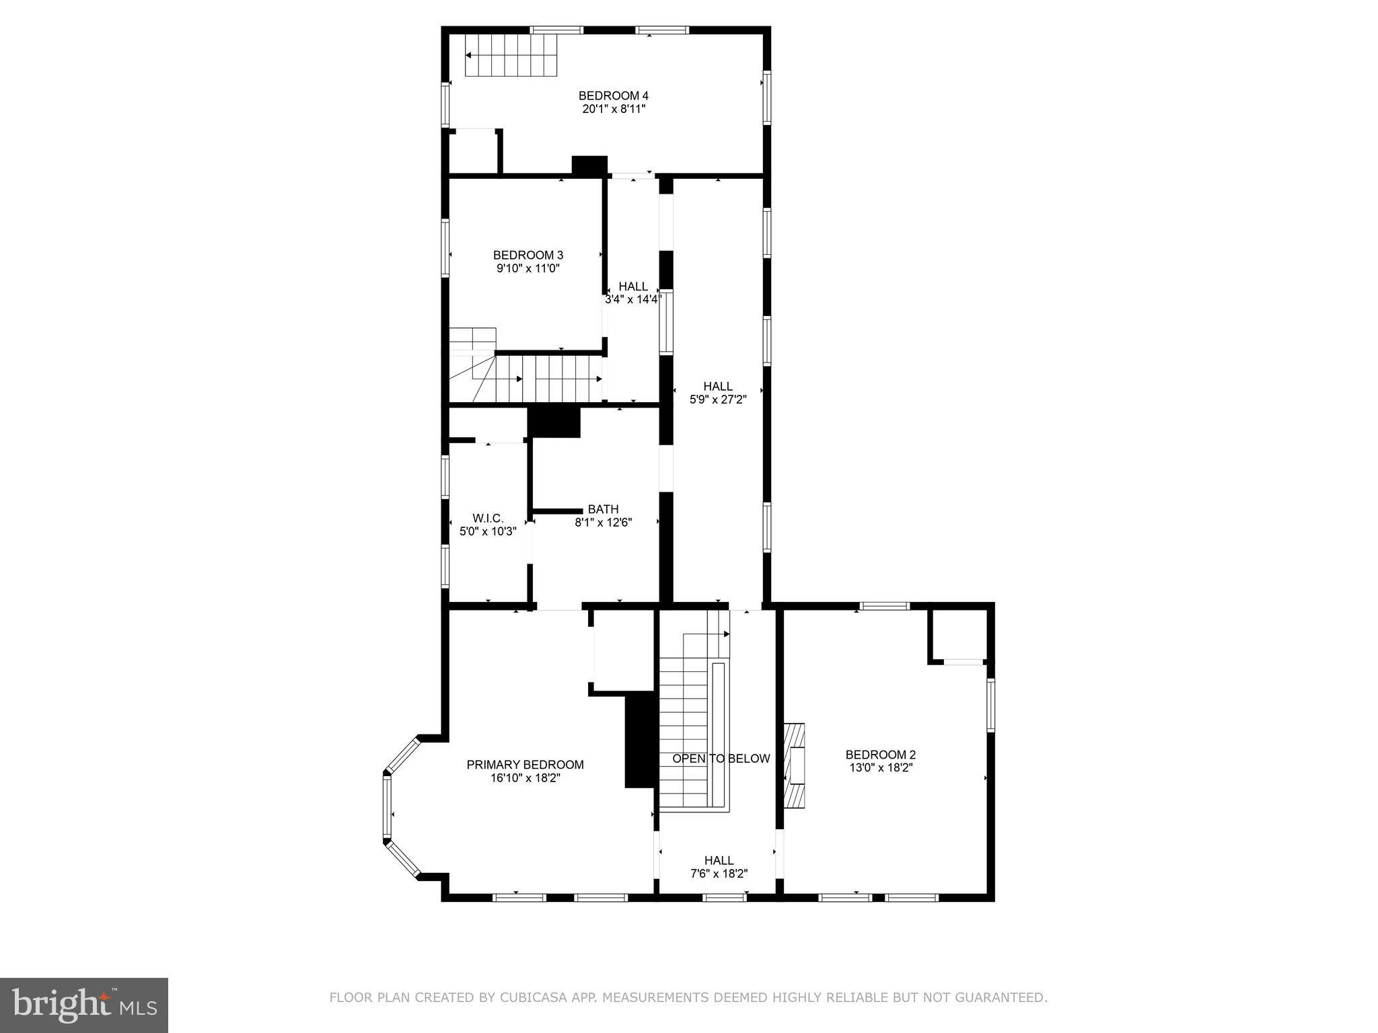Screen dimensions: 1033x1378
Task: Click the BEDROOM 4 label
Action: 613,95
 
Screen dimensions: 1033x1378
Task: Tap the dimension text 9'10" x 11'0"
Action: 528,268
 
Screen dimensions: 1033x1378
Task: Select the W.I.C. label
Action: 488,518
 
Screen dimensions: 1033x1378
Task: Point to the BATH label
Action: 603,509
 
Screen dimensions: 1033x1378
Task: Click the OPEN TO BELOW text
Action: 721,759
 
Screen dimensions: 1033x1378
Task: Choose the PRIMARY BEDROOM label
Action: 525,765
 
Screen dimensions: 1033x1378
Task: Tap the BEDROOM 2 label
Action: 880,755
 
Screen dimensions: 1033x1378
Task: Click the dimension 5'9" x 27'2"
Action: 718,399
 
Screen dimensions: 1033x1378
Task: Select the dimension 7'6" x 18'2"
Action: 719,874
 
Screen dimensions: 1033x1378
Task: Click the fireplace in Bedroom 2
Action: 795,765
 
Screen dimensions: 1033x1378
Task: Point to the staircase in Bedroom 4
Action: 512,55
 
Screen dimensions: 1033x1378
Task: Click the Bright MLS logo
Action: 83,1005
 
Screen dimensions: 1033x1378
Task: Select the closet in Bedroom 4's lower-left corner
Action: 473,152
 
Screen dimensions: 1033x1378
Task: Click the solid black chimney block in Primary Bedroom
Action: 639,740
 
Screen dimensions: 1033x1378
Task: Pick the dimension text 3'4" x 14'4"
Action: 632,300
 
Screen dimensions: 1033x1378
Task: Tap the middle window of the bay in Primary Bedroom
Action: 387,806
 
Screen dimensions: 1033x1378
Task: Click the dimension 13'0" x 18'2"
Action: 880,768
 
